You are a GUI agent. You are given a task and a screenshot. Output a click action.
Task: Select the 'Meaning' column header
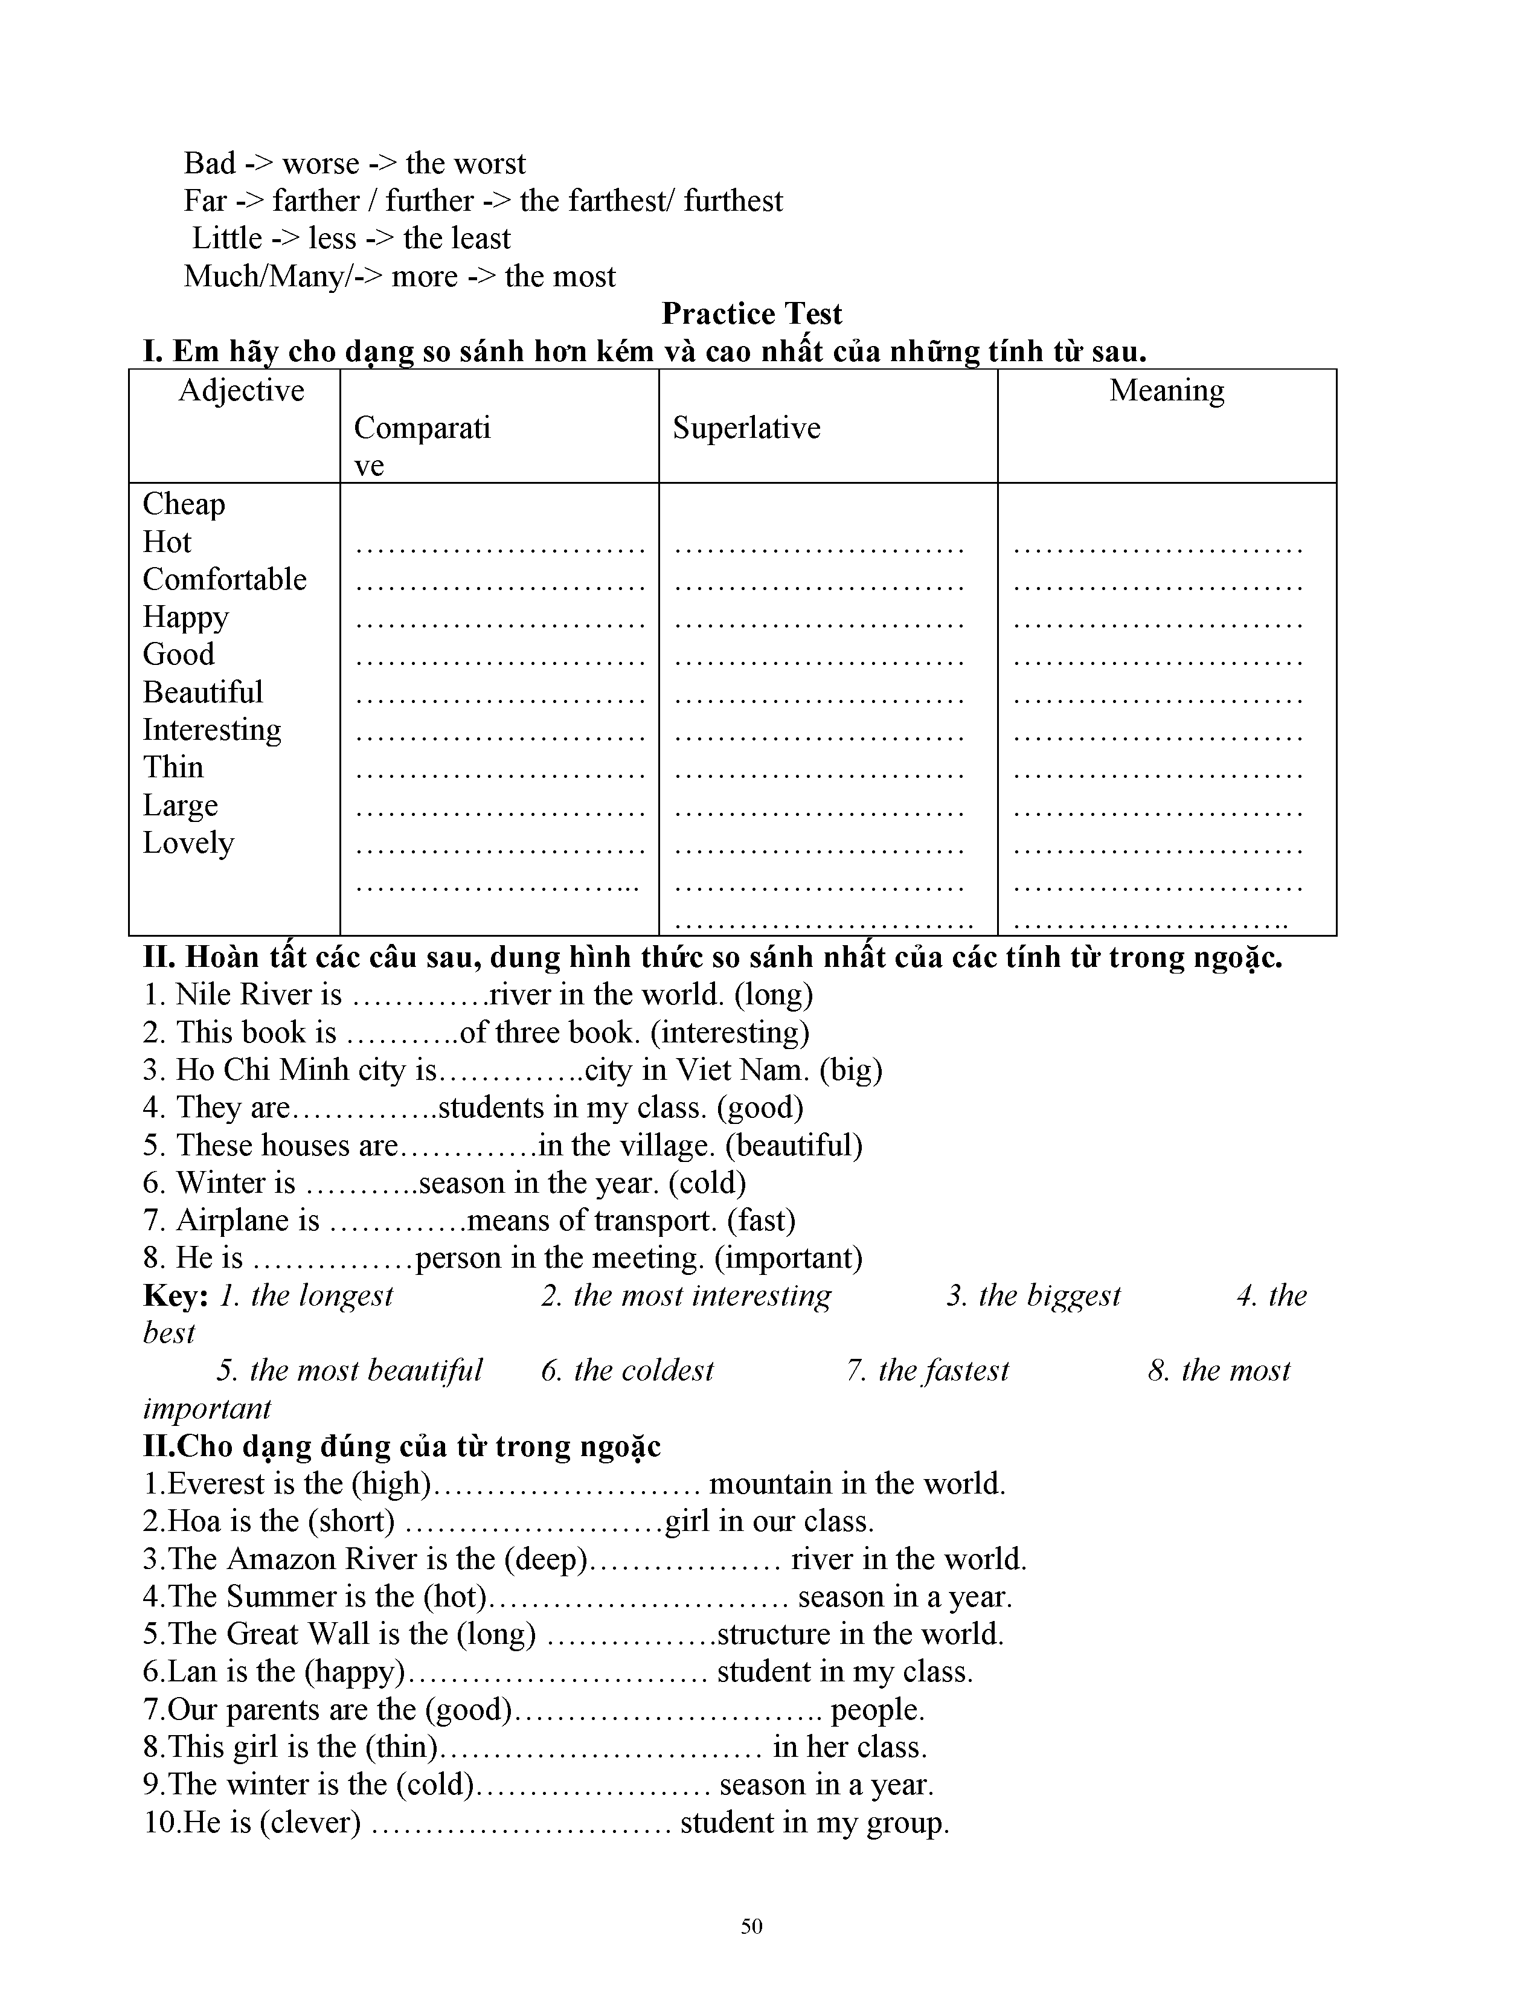coord(1166,391)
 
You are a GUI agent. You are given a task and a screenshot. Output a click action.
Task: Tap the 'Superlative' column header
coord(746,428)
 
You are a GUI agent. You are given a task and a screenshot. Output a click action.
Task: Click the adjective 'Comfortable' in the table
coord(225,579)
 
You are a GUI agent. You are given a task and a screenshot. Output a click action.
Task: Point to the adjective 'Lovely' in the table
coord(188,843)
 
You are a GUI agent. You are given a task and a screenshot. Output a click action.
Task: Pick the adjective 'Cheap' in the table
coord(184,504)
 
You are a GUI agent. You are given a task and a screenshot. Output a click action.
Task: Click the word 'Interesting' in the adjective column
coord(211,730)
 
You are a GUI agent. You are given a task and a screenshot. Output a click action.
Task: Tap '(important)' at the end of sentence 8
coord(788,1259)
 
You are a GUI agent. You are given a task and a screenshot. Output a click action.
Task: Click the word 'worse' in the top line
coord(321,163)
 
